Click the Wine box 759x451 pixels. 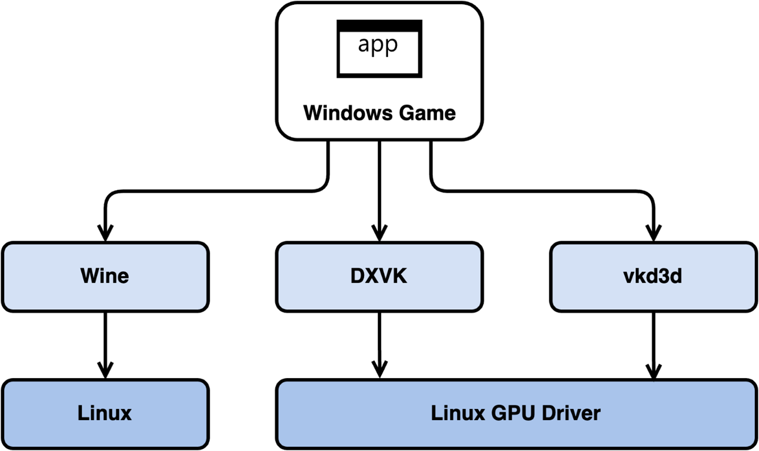(105, 276)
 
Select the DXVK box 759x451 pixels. (379, 276)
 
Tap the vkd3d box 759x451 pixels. (653, 276)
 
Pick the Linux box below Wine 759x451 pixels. (105, 413)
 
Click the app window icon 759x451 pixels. (379, 49)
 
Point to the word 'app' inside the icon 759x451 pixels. (378, 45)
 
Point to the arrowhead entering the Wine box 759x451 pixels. (105, 233)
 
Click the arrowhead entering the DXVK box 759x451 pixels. (379, 233)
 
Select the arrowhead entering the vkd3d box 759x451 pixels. (653, 233)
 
